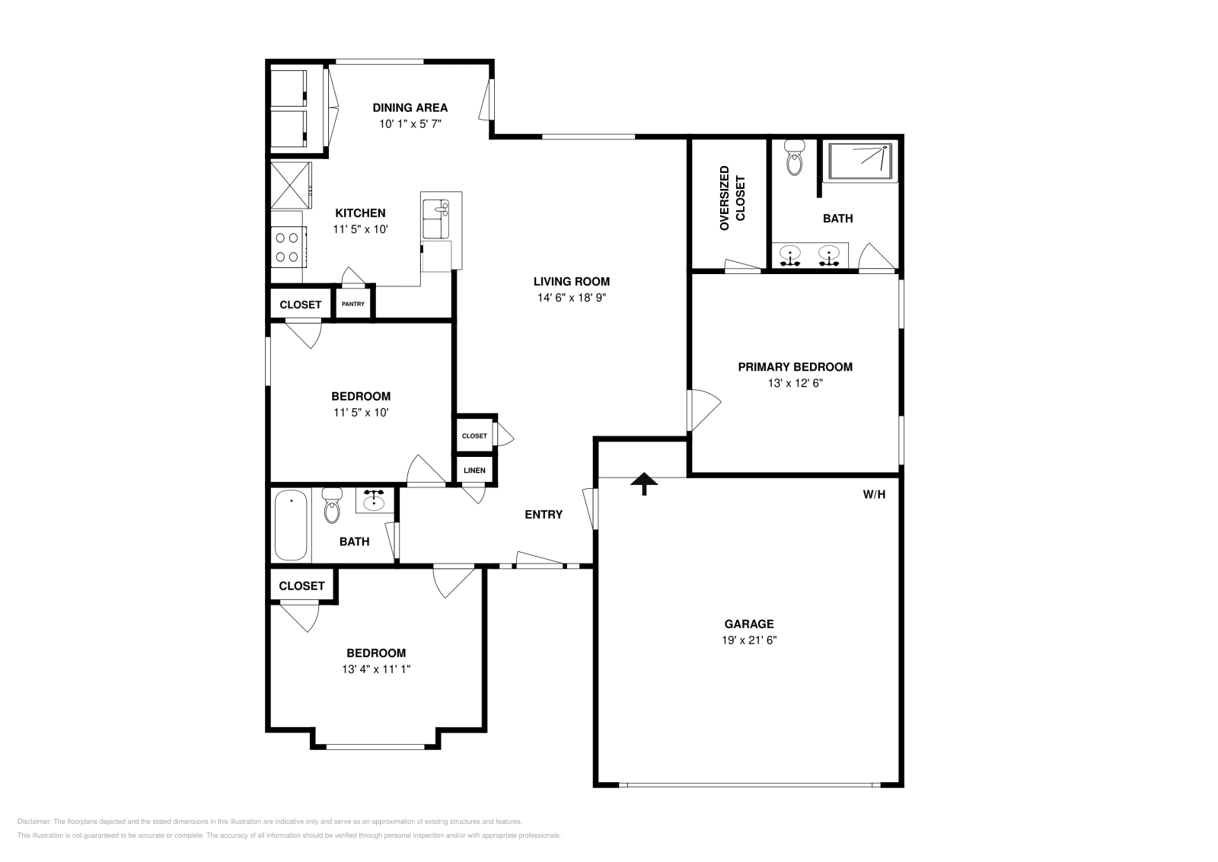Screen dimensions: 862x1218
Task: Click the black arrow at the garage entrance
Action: (644, 483)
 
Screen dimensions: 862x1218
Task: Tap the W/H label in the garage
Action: (874, 494)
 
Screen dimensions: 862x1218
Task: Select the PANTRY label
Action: (353, 304)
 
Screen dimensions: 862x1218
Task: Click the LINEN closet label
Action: (474, 471)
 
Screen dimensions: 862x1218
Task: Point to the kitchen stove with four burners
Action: (288, 247)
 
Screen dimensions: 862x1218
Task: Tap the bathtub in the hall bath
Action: (290, 525)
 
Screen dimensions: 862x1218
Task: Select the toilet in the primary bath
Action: (794, 158)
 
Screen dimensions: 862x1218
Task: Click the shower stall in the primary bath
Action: (860, 161)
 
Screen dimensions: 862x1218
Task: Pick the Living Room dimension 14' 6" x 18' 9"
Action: (571, 298)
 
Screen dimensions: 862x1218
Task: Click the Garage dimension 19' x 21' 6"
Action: (749, 640)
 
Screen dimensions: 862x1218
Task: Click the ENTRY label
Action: (544, 515)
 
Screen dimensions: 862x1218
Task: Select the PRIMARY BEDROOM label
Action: (795, 366)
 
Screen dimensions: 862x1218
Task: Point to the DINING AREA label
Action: (410, 107)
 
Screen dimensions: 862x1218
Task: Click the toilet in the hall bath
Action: (332, 506)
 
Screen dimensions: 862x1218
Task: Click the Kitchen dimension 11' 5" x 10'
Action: (361, 228)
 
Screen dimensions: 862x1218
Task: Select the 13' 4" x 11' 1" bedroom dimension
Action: (376, 669)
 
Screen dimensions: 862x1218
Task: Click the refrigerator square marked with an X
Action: (292, 185)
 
